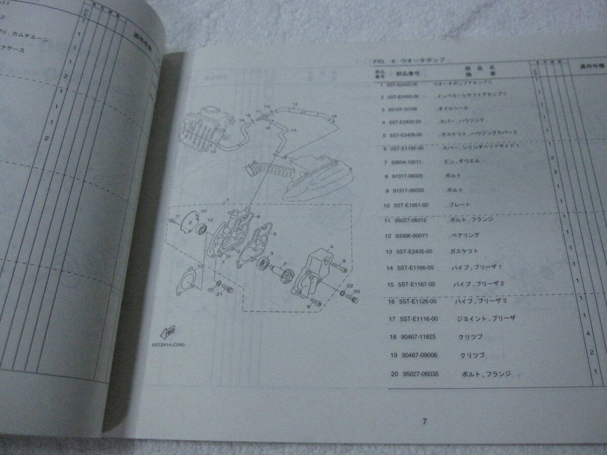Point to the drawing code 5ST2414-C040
tap(168, 345)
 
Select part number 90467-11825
tap(417, 337)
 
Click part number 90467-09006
tap(418, 355)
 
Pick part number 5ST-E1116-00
tap(418, 319)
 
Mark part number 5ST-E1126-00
tap(417, 302)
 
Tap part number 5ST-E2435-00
tap(414, 251)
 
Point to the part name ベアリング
tap(464, 236)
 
